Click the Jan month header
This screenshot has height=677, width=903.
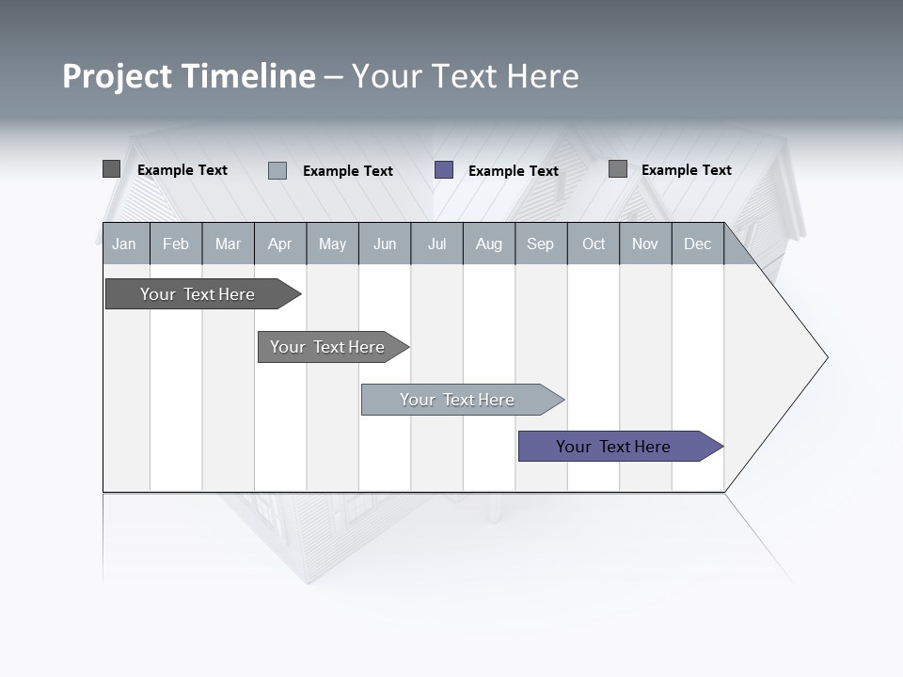pos(124,244)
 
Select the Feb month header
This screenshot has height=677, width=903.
pos(176,244)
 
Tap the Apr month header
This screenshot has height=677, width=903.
pos(279,244)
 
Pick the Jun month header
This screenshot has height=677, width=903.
pos(385,244)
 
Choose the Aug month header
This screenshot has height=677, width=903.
pos(488,244)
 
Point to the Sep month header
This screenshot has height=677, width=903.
pos(540,244)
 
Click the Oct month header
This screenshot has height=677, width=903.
pos(594,244)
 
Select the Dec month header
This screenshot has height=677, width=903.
pos(697,244)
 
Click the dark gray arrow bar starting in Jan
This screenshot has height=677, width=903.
pos(198,294)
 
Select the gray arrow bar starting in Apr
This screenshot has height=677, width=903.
pos(327,347)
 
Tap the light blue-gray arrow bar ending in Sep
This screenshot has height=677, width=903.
pos(457,400)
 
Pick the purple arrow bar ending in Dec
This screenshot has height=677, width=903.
pos(613,447)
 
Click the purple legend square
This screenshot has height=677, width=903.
pos(444,170)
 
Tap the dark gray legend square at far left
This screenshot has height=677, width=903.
pos(111,169)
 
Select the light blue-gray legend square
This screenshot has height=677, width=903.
pos(277,170)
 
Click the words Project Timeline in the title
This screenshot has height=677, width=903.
pos(188,76)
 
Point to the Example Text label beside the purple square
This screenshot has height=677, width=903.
pos(514,171)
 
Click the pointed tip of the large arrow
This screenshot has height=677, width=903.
pos(825,357)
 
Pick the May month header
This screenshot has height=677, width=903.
pos(332,244)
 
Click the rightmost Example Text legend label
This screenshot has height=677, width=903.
pos(687,170)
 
